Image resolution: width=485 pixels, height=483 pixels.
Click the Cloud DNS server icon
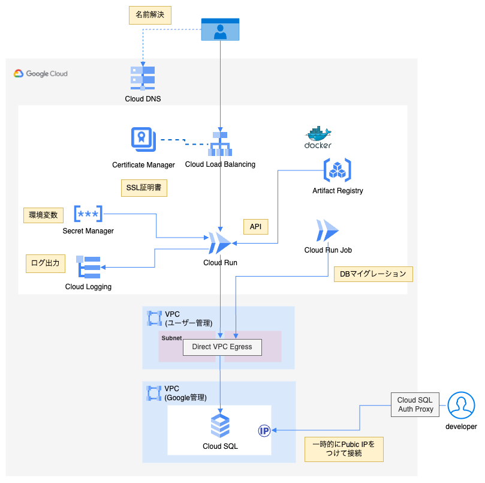click(x=143, y=78)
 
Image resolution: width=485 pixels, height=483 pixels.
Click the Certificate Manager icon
click(x=143, y=140)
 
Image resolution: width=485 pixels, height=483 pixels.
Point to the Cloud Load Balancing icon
click(x=220, y=143)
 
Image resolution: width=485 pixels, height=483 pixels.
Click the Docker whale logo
click(x=318, y=137)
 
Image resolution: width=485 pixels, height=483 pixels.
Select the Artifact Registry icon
click(x=338, y=170)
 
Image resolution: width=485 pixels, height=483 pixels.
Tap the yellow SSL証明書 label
click(x=143, y=188)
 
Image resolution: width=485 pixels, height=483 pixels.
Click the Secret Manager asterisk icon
click(x=88, y=214)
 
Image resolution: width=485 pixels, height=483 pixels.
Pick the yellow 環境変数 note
click(x=43, y=215)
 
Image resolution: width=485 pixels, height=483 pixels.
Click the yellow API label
click(x=255, y=227)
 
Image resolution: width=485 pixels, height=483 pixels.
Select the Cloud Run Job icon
click(x=327, y=230)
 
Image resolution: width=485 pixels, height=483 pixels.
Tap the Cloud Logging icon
click(x=88, y=267)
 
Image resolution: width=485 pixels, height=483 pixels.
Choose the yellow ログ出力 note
click(x=46, y=262)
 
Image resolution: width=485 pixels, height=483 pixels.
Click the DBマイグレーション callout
click(x=373, y=274)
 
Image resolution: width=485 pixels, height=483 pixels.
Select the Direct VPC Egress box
click(x=222, y=347)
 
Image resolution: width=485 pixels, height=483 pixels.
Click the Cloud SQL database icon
click(x=220, y=425)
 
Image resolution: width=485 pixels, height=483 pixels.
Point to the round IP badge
click(x=264, y=430)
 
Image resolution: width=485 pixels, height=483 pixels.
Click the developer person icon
click(x=461, y=406)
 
